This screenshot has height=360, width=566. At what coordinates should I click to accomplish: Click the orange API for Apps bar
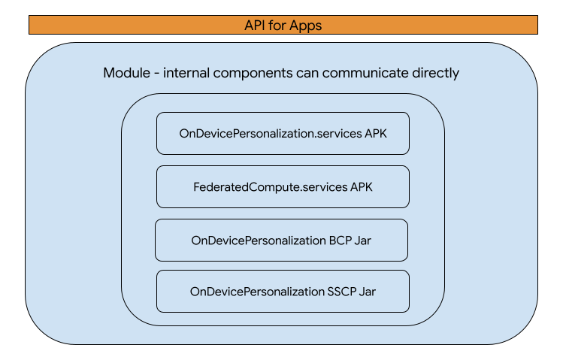283,25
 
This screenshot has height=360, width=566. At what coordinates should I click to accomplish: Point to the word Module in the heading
127,74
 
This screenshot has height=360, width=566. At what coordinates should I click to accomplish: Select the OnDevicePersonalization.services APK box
283,133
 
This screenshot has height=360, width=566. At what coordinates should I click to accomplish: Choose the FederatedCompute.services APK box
283,186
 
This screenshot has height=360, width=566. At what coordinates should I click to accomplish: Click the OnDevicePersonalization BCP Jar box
282,240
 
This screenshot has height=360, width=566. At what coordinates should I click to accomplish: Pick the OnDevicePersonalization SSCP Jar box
283,291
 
